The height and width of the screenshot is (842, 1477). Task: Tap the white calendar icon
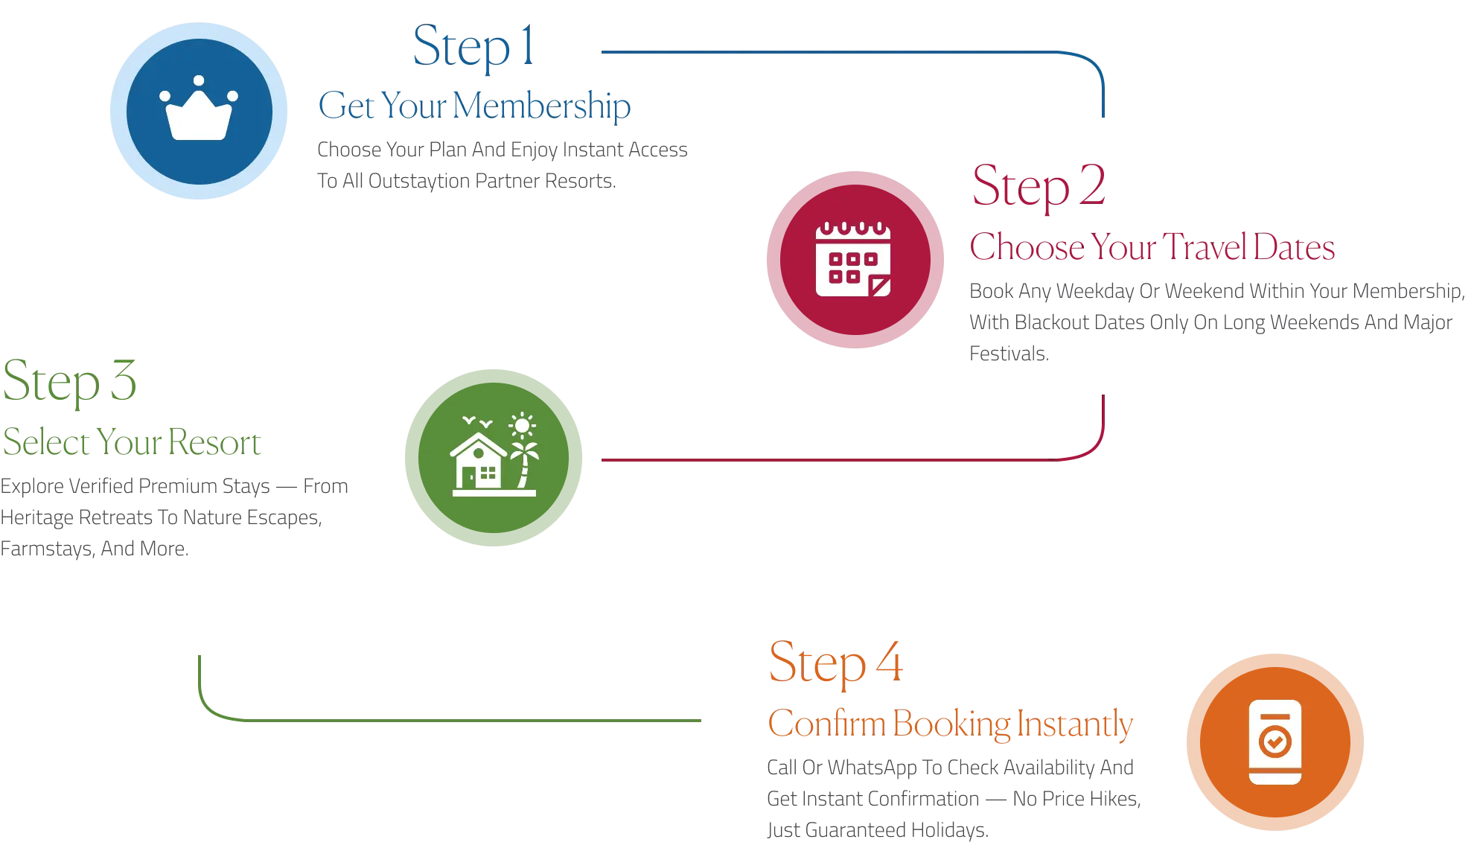point(853,259)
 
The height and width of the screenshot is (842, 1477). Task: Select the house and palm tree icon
point(494,456)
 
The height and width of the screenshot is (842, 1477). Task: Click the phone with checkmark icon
point(1275,741)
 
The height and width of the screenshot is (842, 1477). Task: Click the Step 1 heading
point(473,46)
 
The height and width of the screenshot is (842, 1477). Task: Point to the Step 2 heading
point(1039,186)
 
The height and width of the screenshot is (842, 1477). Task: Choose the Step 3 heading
point(69,381)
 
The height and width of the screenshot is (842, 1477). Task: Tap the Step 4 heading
point(836,663)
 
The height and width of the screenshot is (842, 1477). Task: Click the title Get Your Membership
point(473,105)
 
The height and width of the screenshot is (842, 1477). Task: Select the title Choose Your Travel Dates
point(1153,247)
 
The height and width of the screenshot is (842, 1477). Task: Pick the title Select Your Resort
point(131,442)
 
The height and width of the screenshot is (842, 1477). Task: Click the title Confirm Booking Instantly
point(951,724)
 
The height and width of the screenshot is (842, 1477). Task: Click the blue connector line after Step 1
point(819,51)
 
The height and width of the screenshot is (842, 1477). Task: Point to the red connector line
point(819,461)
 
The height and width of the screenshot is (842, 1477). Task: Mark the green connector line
point(447,720)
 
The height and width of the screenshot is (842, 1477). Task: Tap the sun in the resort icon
point(522,426)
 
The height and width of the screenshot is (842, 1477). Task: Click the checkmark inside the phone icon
point(1275,741)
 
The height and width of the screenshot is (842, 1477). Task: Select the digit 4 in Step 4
point(889,662)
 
